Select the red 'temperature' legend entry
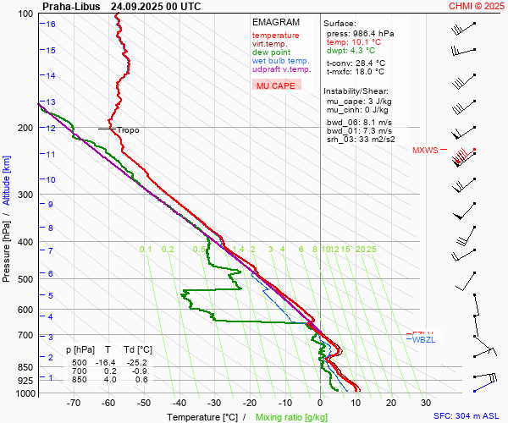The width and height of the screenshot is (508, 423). [275, 36]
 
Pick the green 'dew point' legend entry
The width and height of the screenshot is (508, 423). [271, 52]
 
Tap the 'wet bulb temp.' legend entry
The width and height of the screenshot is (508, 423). [280, 61]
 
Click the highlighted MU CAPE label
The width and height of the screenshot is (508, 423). [275, 85]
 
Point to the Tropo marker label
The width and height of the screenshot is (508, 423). [128, 130]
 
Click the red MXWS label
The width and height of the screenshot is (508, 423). [425, 151]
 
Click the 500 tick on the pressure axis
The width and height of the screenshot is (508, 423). [28, 279]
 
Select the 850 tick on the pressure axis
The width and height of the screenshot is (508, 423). [28, 367]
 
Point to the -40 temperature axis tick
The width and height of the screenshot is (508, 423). [179, 403]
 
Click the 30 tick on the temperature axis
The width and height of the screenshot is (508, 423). [425, 403]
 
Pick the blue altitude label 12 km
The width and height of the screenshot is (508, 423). [52, 129]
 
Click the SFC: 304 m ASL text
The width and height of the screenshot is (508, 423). [468, 417]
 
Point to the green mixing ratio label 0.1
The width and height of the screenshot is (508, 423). [146, 250]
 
